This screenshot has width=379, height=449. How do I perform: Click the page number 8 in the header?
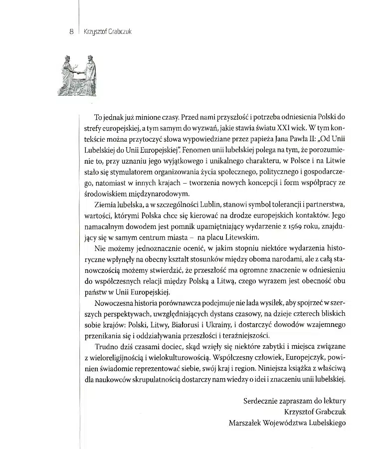pyautogui.click(x=72, y=31)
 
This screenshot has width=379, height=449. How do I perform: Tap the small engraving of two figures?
pyautogui.click(x=79, y=75)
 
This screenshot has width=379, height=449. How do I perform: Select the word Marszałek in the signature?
pyautogui.click(x=247, y=423)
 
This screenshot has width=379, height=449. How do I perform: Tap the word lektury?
pyautogui.click(x=333, y=401)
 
